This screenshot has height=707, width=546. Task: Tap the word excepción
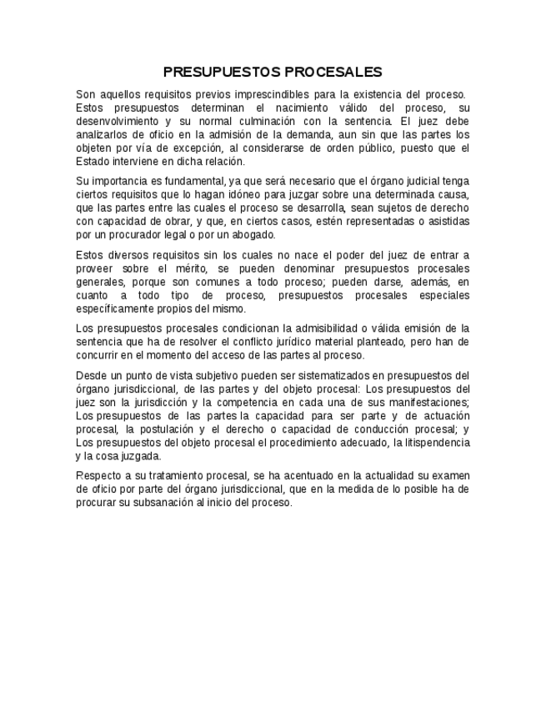coord(191,148)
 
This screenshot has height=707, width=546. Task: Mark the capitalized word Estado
coord(93,162)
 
